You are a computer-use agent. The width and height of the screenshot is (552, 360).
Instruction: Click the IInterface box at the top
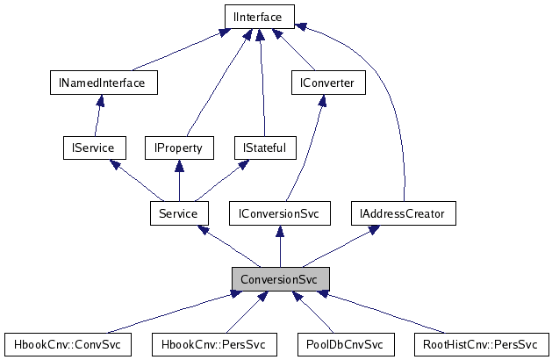point(259,16)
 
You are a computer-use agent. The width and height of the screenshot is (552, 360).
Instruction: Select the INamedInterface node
point(103,83)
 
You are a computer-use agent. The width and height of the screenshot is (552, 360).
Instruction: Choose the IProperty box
point(179,148)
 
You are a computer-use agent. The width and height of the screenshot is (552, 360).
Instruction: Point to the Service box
point(179,212)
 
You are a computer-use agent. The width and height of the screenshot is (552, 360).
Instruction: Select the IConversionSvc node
point(279,212)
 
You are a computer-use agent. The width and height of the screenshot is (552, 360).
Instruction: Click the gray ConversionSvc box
point(280,278)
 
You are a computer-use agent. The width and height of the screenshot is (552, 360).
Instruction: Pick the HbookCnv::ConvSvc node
point(68,343)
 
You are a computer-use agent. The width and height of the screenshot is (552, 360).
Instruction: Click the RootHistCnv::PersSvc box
point(480,343)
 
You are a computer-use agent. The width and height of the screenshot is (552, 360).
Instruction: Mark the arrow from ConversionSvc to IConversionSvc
point(280,246)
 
